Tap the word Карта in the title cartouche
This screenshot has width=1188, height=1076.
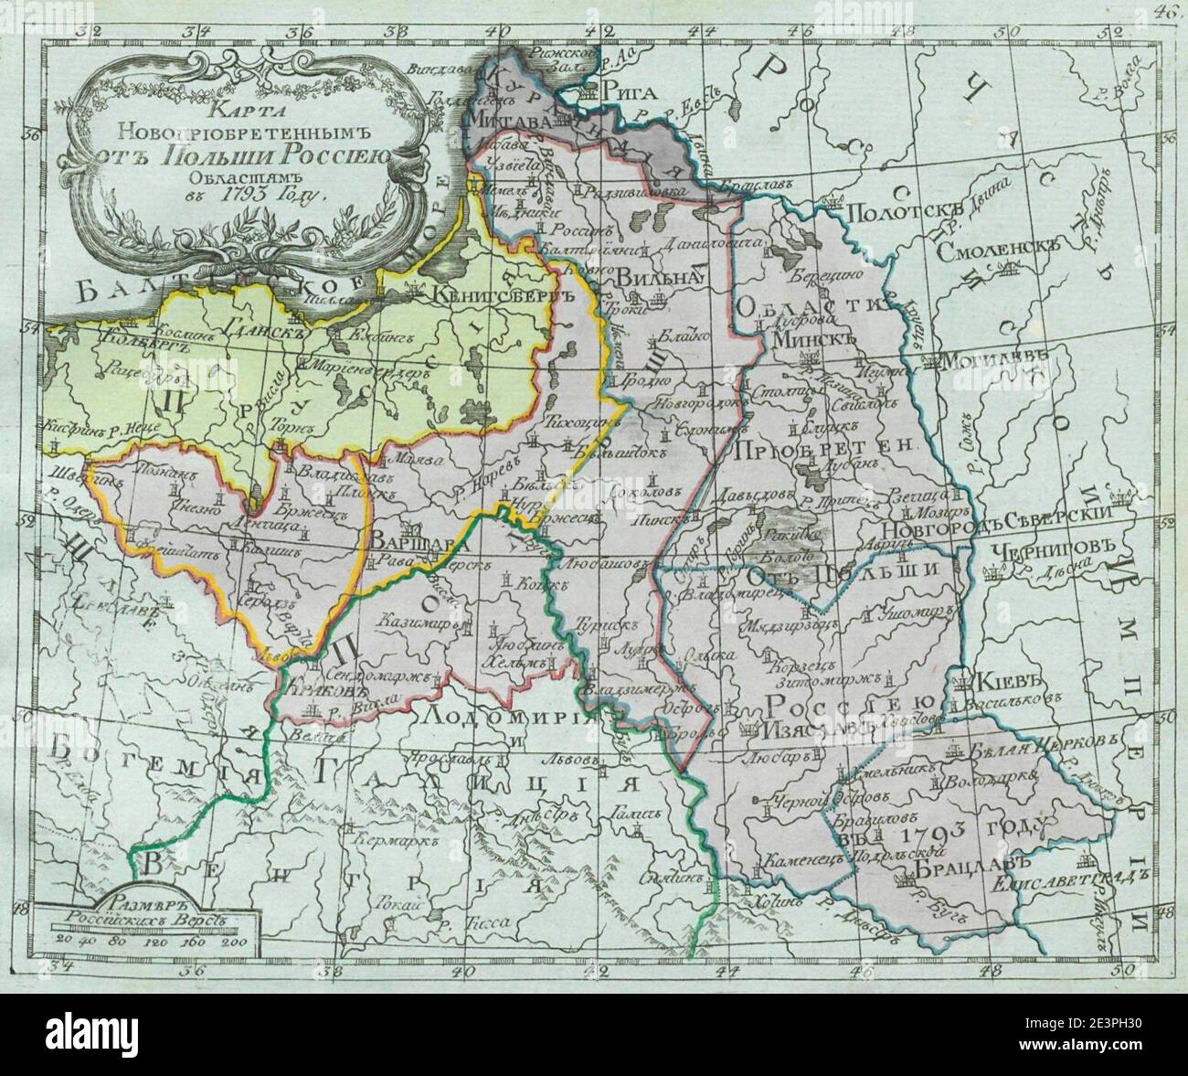231,113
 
